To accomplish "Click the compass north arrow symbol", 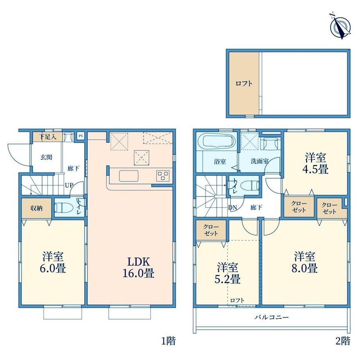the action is [x=340, y=26].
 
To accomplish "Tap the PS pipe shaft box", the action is [x=81, y=136].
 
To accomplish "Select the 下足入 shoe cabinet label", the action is [x=48, y=137].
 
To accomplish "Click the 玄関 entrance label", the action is [x=47, y=157].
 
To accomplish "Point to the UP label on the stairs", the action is [x=69, y=185].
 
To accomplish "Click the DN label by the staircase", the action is [x=232, y=208].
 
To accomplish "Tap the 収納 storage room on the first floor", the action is [x=36, y=208].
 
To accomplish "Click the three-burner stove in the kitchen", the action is [x=163, y=176].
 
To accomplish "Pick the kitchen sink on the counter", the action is [x=129, y=176].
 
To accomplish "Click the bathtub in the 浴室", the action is [x=219, y=142].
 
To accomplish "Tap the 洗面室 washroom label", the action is [x=260, y=161].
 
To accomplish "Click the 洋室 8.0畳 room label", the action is [x=305, y=262].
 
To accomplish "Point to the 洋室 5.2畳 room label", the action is [x=227, y=274].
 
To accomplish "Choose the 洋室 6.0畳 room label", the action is [x=53, y=262].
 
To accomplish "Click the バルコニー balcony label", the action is [x=272, y=317].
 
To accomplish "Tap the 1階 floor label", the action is [x=169, y=341].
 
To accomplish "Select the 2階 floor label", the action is [x=343, y=341].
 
